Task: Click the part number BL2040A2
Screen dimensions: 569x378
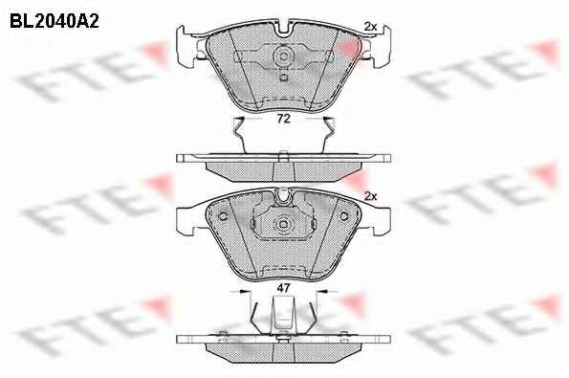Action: click(x=55, y=22)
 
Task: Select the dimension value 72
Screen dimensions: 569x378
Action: click(x=283, y=119)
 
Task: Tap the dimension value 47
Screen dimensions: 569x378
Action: click(x=283, y=288)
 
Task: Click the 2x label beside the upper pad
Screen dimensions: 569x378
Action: click(x=370, y=27)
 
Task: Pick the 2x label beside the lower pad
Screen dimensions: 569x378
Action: click(x=370, y=196)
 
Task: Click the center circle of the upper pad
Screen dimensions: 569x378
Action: click(x=283, y=56)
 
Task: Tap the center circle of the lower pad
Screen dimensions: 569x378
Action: click(x=283, y=224)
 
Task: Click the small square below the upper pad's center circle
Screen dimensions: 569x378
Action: click(x=283, y=78)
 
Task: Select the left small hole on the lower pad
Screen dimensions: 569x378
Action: click(x=223, y=216)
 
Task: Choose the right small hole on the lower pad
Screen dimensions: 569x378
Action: click(x=343, y=216)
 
